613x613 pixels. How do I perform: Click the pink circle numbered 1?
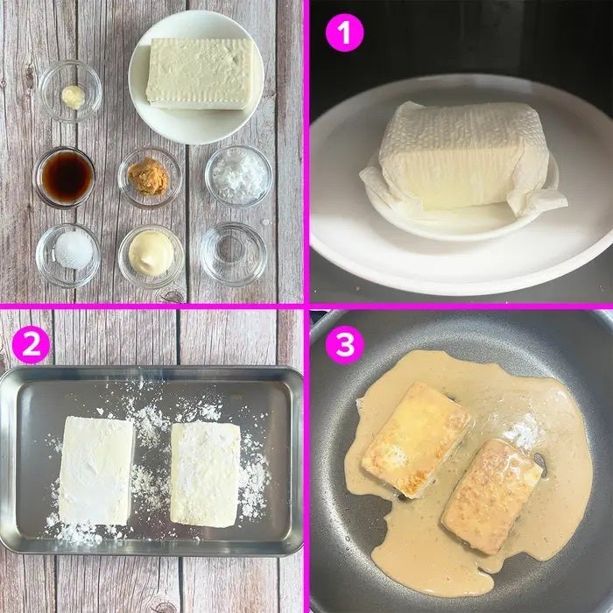pos(344,32)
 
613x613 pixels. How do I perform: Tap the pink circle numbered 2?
pos(32,344)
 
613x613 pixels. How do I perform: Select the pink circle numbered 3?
pos(344,344)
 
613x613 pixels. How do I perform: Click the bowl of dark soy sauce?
pos(65,177)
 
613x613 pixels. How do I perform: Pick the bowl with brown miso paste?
pos(149,178)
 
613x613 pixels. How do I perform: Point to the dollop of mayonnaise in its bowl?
pos(151,254)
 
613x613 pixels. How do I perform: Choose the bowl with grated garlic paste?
pos(70,91)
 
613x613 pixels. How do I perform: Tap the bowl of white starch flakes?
pos(238,175)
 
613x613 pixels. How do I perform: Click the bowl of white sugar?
pos(68,256)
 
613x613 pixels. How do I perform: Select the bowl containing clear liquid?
pos(234,254)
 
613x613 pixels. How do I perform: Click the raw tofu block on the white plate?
pos(201,74)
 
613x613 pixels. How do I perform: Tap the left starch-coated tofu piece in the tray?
pos(96,471)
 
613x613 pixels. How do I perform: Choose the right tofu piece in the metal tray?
pos(205,475)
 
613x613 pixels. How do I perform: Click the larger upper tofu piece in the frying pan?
pos(416,440)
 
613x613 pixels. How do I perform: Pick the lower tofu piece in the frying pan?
pos(492,497)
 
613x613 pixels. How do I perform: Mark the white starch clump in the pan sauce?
pos(523,432)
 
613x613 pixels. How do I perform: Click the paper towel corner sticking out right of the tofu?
pos(539,201)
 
